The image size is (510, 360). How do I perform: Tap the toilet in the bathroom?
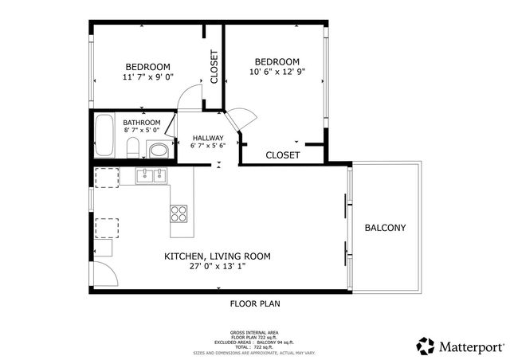point(135,147)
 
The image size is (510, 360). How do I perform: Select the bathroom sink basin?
point(159,149)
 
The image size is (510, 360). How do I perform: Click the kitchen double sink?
point(150,176)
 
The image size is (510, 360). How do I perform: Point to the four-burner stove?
point(179,213)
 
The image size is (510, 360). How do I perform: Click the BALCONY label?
point(385,228)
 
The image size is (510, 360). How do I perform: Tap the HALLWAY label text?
point(208,138)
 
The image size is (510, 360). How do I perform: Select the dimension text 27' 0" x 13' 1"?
point(217,268)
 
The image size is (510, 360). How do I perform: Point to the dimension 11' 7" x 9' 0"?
point(148,76)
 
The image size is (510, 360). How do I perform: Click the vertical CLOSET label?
point(214,67)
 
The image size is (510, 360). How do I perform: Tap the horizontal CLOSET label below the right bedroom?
point(282,155)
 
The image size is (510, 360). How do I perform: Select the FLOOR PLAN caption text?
point(255,303)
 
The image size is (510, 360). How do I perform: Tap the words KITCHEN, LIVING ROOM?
point(217,256)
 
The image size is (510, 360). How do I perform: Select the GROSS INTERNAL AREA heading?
point(254,332)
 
